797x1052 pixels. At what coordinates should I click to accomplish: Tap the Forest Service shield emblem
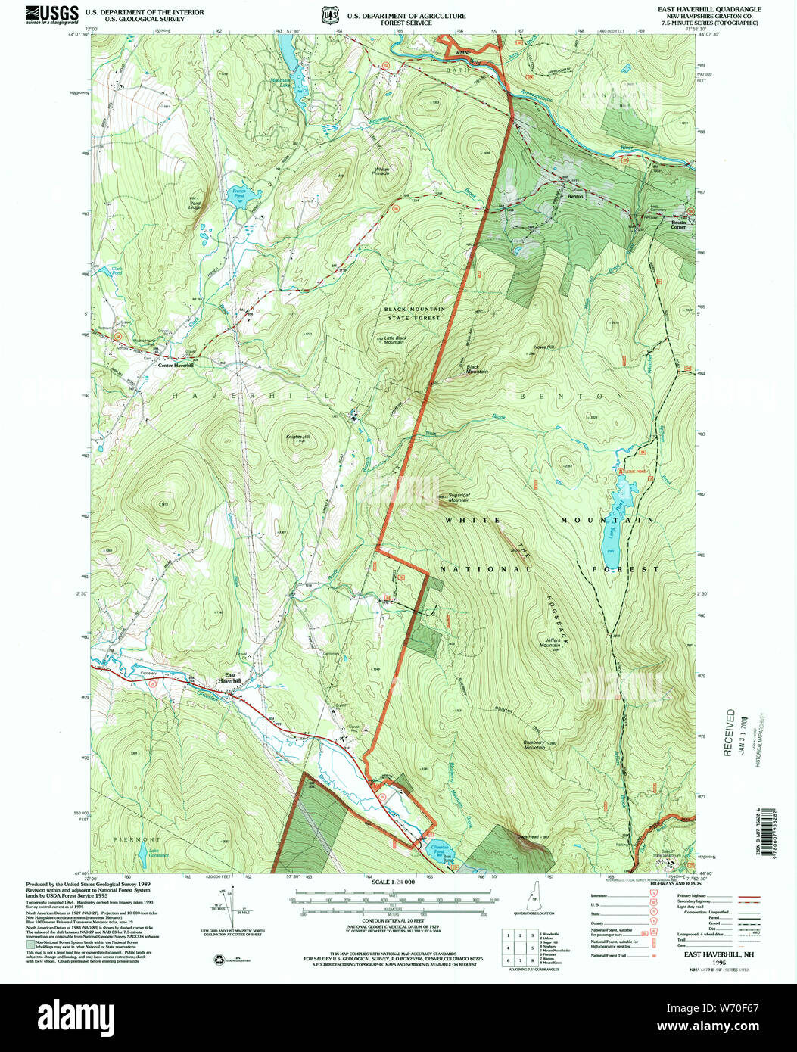point(328,15)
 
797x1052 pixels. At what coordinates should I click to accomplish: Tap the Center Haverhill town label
point(175,365)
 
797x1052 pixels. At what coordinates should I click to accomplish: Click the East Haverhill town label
point(228,677)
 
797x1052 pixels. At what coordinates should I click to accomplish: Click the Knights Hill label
point(297,437)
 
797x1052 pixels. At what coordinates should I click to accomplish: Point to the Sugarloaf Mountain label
point(459,497)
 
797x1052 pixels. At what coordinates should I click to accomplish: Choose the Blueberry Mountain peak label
point(534,745)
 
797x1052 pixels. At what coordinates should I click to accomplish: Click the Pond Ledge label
point(196,202)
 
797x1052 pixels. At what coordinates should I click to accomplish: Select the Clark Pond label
point(116,269)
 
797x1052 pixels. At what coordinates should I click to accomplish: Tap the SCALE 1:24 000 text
point(394,882)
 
